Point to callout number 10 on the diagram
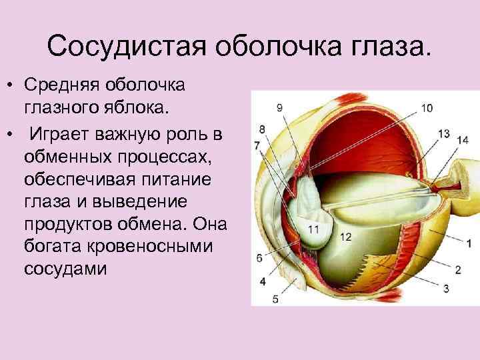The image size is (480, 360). (427, 107)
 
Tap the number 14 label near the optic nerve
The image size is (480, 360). (463, 139)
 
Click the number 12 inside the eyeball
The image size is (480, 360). (346, 237)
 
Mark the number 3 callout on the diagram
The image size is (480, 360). (447, 288)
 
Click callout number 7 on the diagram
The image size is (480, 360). (257, 145)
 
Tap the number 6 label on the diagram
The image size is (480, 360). (259, 258)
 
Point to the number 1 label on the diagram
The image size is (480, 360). (469, 243)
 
